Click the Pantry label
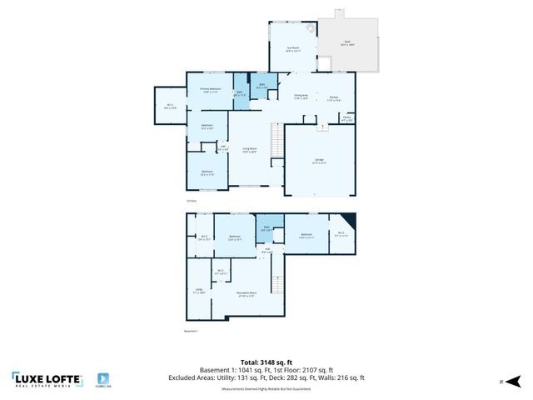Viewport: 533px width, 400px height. pyautogui.click(x=346, y=117)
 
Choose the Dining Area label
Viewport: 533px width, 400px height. pyautogui.click(x=300, y=97)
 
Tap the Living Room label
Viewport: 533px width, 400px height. pyautogui.click(x=249, y=151)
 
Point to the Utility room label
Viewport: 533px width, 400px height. pyautogui.click(x=198, y=291)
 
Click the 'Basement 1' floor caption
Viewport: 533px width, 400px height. pyautogui.click(x=192, y=331)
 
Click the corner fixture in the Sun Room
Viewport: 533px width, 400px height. pyautogui.click(x=311, y=28)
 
